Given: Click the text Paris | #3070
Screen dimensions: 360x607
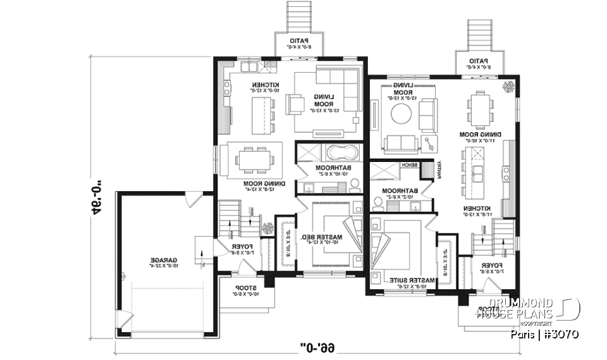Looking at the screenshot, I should click(544, 334).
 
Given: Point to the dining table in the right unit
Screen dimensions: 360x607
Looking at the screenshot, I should click(478, 109).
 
